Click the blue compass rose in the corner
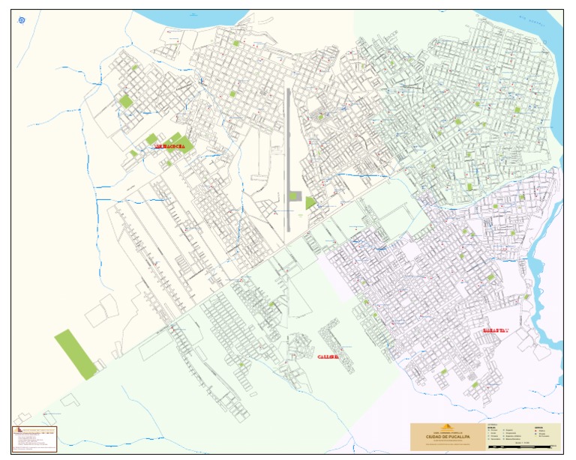(x=22, y=20)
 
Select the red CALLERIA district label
(x=328, y=357)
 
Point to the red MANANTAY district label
(x=496, y=330)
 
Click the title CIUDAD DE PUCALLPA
(x=448, y=437)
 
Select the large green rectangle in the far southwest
(x=75, y=354)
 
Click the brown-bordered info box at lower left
(x=34, y=439)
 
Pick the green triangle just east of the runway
(x=310, y=202)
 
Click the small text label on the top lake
(x=193, y=15)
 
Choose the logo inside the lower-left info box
(x=16, y=430)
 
